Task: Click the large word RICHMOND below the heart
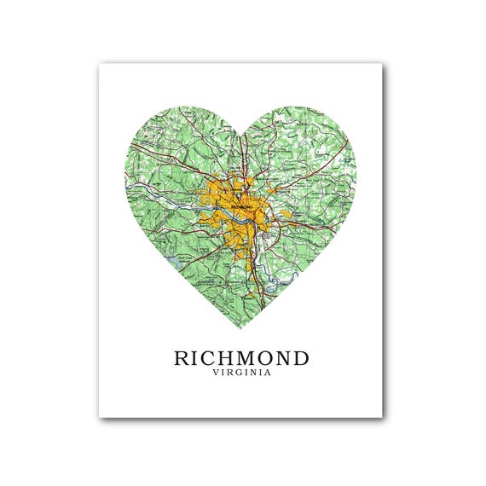(x=241, y=357)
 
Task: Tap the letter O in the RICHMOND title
(x=265, y=357)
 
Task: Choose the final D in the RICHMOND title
(x=300, y=357)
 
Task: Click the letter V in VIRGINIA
(x=217, y=373)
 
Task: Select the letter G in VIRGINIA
(x=239, y=373)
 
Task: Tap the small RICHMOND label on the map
(x=241, y=205)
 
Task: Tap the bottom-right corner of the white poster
(x=382, y=417)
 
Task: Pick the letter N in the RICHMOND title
(x=282, y=357)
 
